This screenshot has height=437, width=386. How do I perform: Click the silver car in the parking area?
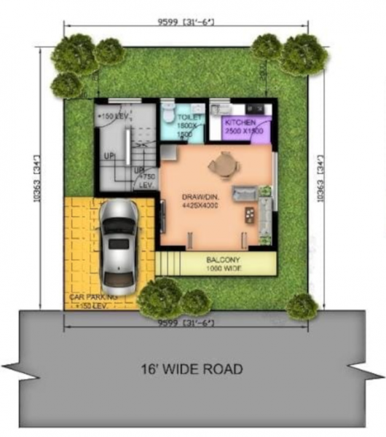(119, 244)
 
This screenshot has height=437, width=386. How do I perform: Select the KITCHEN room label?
(240, 122)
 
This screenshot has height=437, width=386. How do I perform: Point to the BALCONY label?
(224, 259)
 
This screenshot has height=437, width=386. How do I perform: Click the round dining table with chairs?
(221, 166)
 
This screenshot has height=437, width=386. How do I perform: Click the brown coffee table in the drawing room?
(250, 215)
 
